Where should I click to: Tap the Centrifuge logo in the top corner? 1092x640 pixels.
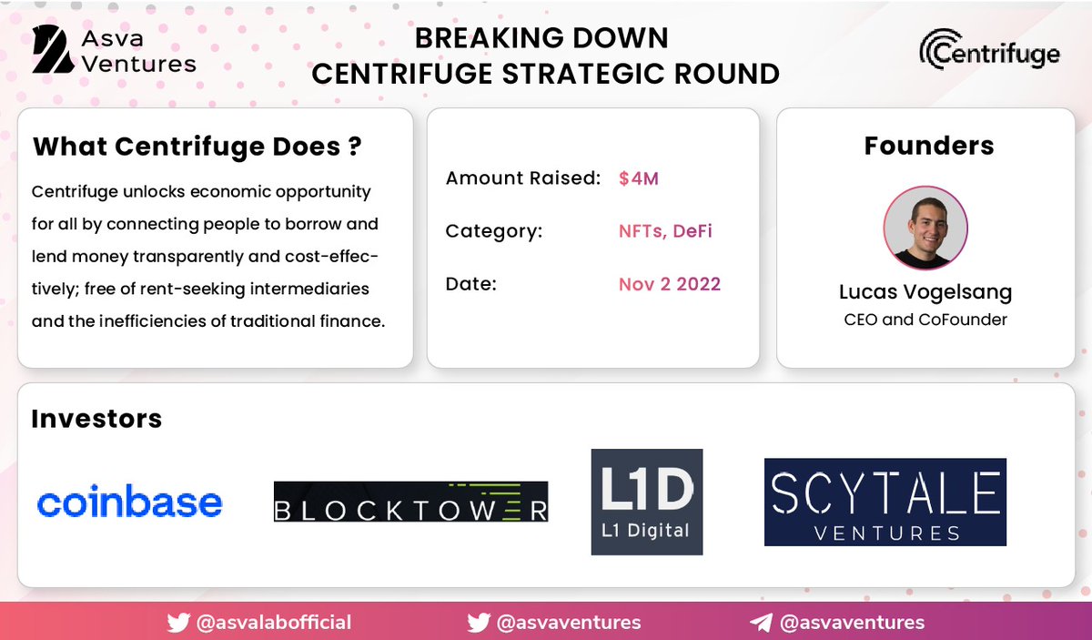point(989,49)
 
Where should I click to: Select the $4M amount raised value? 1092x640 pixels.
point(638,178)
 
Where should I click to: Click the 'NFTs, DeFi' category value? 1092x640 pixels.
point(665,231)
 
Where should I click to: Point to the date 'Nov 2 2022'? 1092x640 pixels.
point(669,284)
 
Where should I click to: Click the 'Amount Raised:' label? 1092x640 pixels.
point(523,178)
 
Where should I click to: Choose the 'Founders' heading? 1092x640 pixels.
point(928,146)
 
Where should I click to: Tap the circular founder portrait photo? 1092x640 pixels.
point(925,228)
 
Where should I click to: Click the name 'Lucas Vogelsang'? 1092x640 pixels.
point(925,291)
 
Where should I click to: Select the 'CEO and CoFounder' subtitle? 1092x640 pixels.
point(925,320)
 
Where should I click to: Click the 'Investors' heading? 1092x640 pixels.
point(96,419)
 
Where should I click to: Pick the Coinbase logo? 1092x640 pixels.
point(129,502)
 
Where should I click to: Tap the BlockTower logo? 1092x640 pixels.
point(410,502)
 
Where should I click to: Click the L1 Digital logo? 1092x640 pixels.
point(646,502)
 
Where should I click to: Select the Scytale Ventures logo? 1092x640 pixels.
point(885,502)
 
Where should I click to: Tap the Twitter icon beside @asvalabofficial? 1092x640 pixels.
point(178,623)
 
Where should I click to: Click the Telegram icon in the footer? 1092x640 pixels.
point(761,623)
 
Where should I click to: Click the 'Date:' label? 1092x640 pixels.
point(470,284)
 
